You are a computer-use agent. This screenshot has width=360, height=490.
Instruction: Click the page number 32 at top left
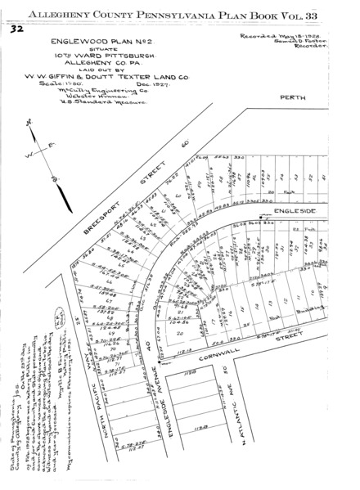point(16,29)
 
